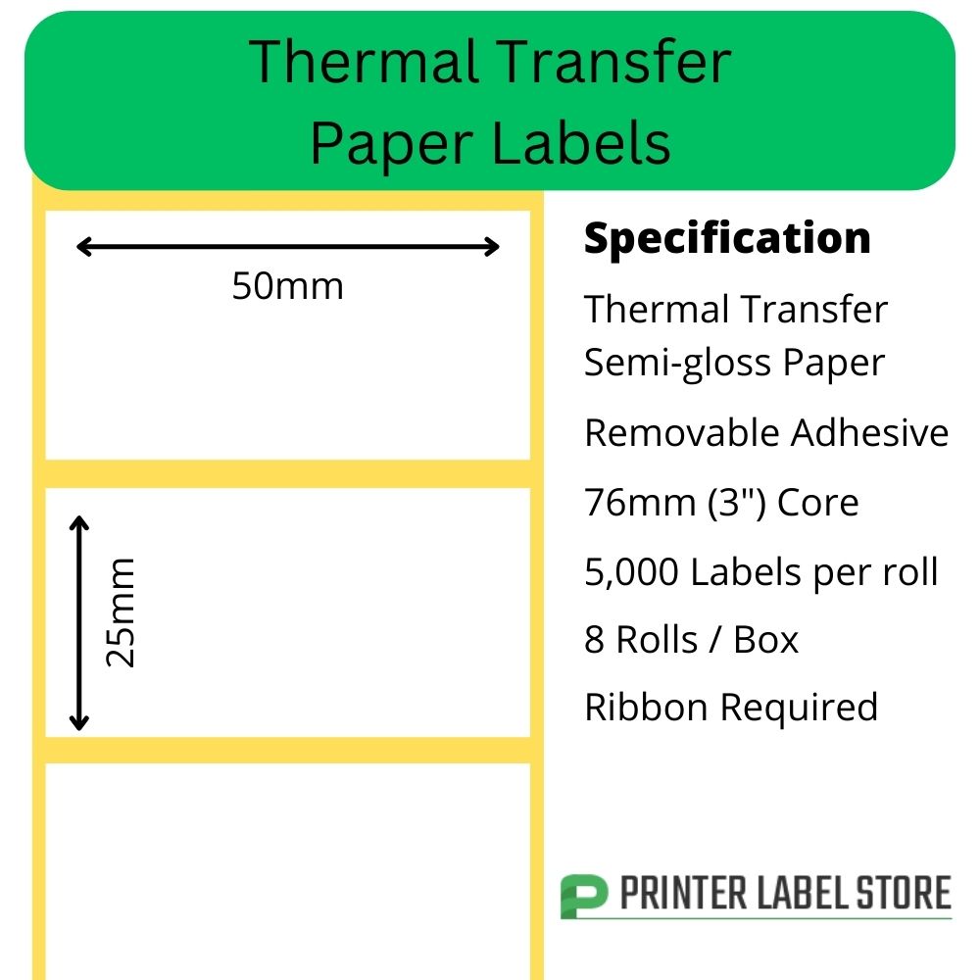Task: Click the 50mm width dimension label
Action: click(287, 286)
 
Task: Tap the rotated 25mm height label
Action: click(120, 612)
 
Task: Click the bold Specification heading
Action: click(727, 239)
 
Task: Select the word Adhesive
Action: click(869, 432)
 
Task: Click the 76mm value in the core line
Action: click(640, 503)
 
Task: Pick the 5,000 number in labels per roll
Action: click(631, 572)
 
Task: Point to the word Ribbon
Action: click(646, 707)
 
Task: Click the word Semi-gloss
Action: click(677, 364)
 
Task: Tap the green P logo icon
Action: click(583, 897)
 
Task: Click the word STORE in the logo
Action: click(904, 893)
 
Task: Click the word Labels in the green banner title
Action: click(581, 144)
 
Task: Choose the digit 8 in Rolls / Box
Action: click(595, 640)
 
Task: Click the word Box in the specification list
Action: click(765, 640)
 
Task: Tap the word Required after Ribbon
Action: click(799, 709)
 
